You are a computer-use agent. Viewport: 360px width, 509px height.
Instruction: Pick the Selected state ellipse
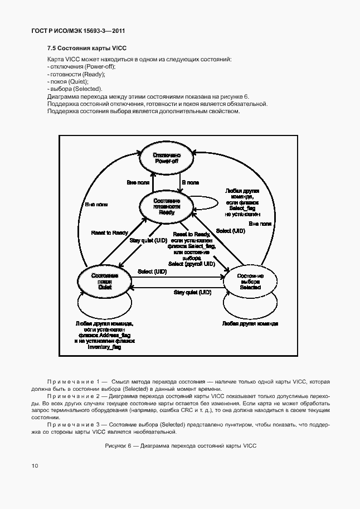click(x=250, y=282)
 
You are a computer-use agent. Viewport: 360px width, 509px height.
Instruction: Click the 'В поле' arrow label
click(x=191, y=182)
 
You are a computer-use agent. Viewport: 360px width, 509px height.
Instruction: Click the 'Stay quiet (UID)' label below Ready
click(x=148, y=240)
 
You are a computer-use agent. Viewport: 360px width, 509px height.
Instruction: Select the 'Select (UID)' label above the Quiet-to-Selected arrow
click(x=152, y=272)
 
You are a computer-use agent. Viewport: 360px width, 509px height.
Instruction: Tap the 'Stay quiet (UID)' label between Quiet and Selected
click(x=192, y=292)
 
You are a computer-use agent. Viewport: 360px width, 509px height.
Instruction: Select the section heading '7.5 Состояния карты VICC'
click(x=87, y=49)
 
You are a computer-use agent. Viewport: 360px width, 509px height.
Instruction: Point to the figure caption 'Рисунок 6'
click(x=180, y=446)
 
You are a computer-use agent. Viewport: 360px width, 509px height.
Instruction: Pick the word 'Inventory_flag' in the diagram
click(x=105, y=347)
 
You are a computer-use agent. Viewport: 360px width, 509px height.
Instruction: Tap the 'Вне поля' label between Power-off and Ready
click(x=138, y=182)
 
